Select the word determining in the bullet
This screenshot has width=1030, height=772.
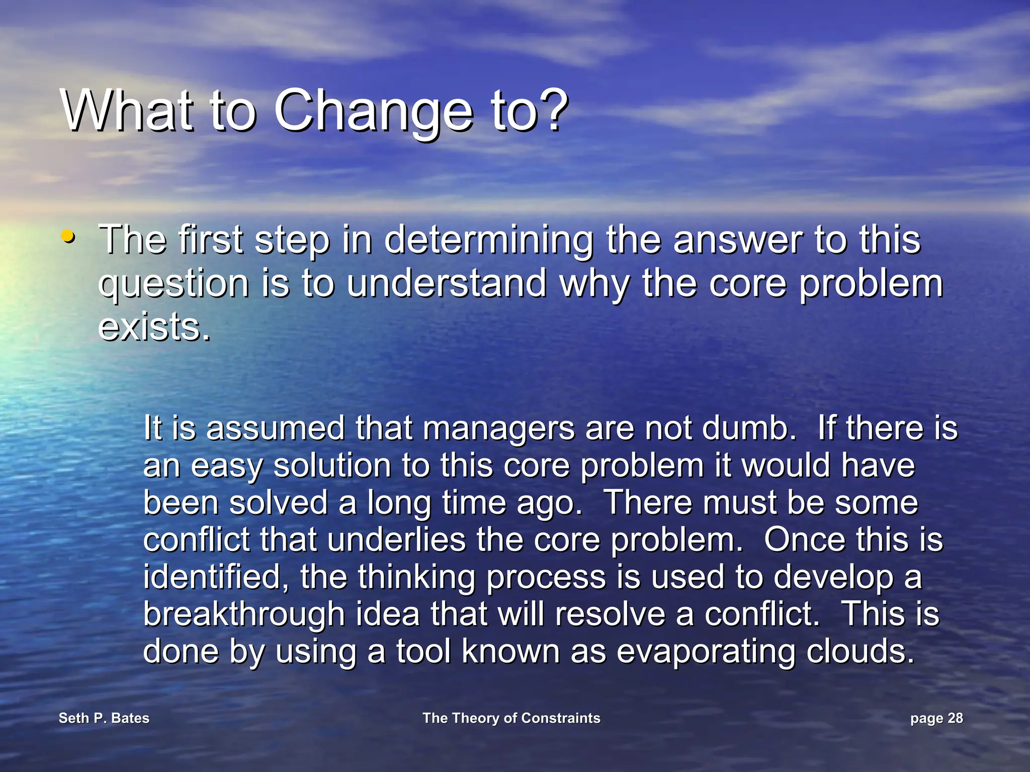489,241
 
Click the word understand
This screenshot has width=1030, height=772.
447,284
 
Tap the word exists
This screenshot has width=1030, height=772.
153,327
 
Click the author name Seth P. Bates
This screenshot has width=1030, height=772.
104,718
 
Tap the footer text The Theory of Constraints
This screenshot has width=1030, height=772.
511,718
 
